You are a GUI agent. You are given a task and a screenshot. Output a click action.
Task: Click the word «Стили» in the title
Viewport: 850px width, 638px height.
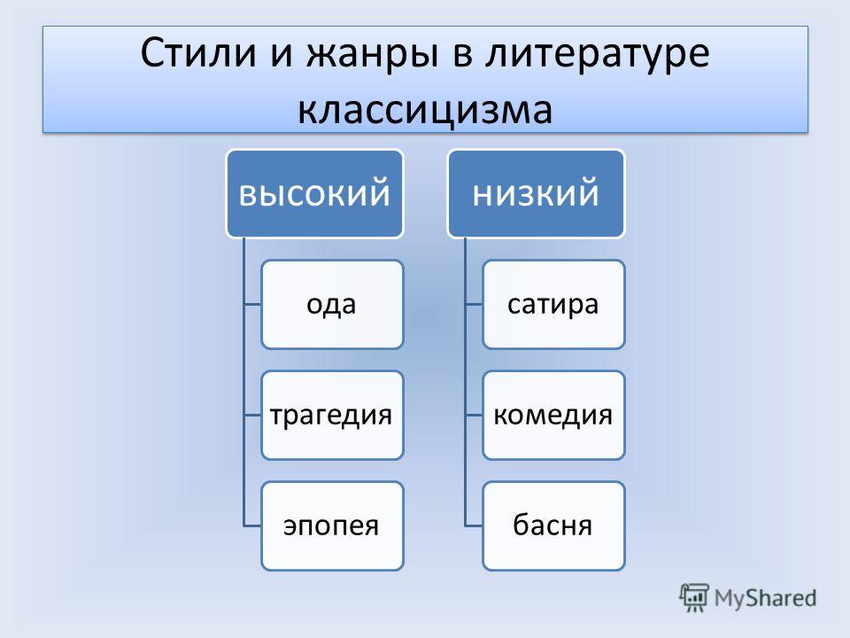197,53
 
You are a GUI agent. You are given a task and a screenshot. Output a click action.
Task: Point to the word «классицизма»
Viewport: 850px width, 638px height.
426,110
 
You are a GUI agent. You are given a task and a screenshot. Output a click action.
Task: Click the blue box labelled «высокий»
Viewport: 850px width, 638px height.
315,194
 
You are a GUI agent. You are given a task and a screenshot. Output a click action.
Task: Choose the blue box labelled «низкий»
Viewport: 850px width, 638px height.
537,194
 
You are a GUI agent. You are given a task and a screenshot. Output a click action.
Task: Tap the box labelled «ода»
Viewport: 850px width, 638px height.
332,304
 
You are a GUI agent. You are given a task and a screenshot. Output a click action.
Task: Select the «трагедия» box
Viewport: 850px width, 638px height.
332,415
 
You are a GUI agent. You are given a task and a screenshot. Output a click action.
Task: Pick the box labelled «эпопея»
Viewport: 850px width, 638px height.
332,525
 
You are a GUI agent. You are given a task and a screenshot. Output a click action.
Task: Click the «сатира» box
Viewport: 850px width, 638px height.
553,304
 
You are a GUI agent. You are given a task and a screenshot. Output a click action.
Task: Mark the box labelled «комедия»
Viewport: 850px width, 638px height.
553,415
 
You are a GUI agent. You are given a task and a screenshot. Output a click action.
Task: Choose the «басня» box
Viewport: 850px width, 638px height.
553,525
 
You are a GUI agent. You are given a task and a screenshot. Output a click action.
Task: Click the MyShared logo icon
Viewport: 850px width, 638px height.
694,597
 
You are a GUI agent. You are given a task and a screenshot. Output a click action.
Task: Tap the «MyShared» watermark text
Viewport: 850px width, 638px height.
765,598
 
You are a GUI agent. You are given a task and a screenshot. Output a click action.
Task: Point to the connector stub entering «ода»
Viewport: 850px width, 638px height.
252,304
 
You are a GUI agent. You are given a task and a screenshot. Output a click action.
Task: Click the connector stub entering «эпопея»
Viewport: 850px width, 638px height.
252,525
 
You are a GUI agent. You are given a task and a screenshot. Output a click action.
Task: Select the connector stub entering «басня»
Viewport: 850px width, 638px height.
474,525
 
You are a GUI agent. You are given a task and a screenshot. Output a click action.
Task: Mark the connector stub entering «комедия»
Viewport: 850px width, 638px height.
474,415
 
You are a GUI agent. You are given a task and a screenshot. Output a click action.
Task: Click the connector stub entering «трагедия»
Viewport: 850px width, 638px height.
252,415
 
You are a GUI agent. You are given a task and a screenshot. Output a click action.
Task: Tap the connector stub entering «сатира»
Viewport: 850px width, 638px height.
474,304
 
